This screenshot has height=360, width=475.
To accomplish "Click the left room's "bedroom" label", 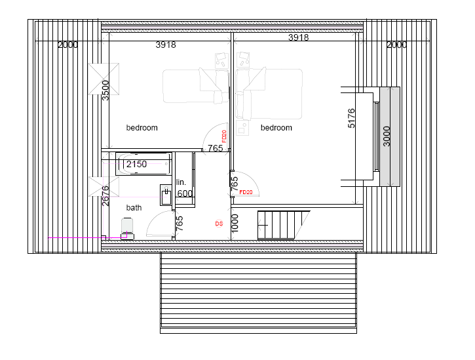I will tap(142, 128).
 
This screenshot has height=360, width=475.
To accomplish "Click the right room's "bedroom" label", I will tap(276, 128).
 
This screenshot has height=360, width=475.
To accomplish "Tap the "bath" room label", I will tap(134, 208).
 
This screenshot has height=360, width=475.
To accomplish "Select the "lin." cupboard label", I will tap(181, 182).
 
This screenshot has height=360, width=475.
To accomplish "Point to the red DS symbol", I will tap(219, 224).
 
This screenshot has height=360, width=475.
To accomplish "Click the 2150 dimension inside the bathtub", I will tap(136, 164).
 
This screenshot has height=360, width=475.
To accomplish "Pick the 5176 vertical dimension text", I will tap(352, 118).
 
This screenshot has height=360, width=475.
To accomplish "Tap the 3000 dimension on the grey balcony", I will tap(387, 136).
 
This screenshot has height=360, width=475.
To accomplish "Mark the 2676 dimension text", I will tap(105, 196).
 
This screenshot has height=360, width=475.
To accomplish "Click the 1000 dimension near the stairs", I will tap(235, 222).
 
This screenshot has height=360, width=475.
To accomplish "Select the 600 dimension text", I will tap(185, 193).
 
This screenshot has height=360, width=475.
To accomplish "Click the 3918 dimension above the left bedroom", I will tap(166, 45).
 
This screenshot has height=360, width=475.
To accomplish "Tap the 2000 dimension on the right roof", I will tap(396, 45).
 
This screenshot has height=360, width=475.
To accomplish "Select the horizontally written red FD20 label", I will tap(246, 192).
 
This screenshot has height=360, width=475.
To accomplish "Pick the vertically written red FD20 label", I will tap(224, 136).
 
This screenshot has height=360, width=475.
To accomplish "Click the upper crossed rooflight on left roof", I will tap(104, 79).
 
